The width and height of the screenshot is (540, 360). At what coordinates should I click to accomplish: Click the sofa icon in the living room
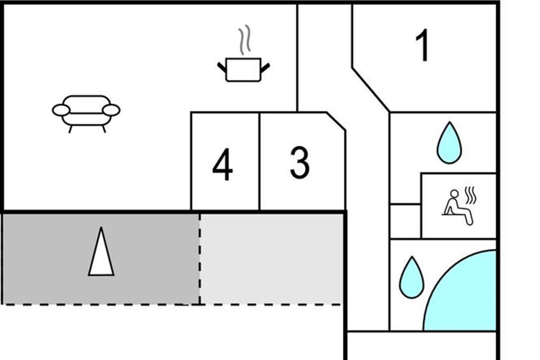(86, 112)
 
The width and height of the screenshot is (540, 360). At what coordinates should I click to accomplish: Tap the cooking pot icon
(243, 69)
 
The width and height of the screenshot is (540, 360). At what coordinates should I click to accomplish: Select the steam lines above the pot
(244, 40)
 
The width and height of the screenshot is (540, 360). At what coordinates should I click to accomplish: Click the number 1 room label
(422, 46)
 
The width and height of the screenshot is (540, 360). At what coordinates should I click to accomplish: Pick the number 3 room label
(300, 162)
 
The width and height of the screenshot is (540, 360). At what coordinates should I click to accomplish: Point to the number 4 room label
(223, 165)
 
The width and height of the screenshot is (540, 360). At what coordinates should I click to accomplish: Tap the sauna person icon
(457, 207)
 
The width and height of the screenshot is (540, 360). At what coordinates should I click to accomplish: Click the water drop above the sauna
(449, 143)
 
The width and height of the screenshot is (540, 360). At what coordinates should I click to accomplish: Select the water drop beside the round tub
(411, 277)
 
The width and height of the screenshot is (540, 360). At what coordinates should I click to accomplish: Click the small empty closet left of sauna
(405, 220)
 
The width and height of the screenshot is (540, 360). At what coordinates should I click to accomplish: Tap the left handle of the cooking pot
(222, 67)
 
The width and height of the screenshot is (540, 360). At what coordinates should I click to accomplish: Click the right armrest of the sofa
(111, 110)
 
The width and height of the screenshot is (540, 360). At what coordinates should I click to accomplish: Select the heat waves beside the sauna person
(470, 195)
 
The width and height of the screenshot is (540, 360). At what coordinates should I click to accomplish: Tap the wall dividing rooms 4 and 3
(259, 161)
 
